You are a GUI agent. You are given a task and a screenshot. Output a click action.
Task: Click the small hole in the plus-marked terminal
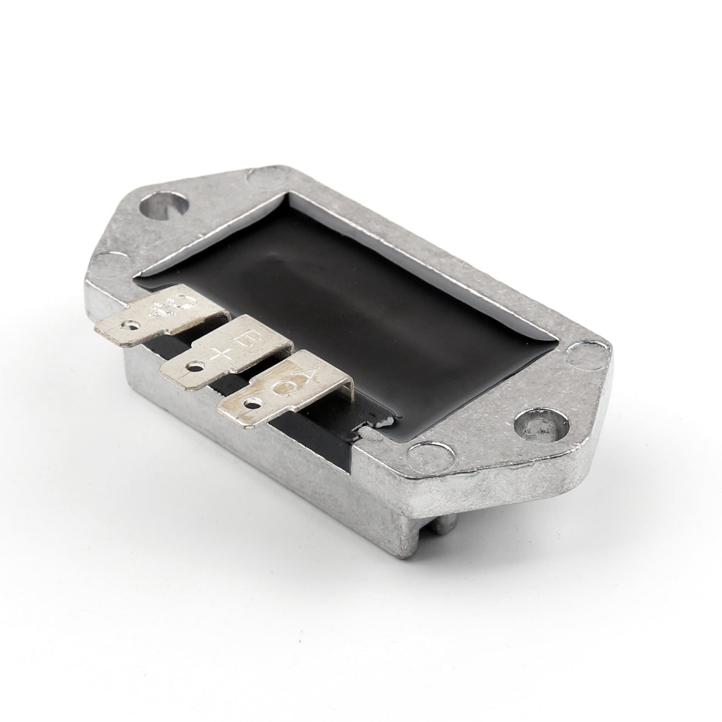click(194, 366)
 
